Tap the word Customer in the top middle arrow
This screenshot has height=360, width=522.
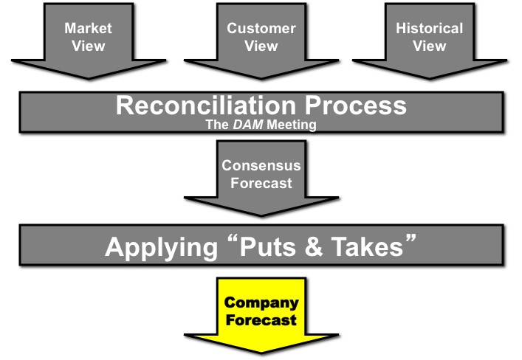pyautogui.click(x=261, y=29)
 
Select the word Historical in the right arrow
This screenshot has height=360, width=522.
pyautogui.click(x=429, y=29)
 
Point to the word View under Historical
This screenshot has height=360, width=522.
pyautogui.click(x=429, y=46)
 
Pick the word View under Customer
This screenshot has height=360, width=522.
pyautogui.click(x=261, y=46)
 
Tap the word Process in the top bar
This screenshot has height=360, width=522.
pyautogui.click(x=354, y=105)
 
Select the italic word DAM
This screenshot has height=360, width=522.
pyautogui.click(x=245, y=125)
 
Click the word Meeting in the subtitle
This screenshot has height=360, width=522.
pyautogui.click(x=292, y=125)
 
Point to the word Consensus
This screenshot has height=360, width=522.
pyautogui.click(x=261, y=166)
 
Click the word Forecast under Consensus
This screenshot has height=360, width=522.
pyautogui.click(x=261, y=183)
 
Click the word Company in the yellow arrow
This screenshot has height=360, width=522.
pyautogui.click(x=261, y=303)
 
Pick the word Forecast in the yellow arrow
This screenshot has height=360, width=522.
pyautogui.click(x=261, y=320)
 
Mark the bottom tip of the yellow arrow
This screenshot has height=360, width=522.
pyautogui.click(x=261, y=355)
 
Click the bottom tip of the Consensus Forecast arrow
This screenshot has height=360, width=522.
pyautogui.click(x=261, y=216)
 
